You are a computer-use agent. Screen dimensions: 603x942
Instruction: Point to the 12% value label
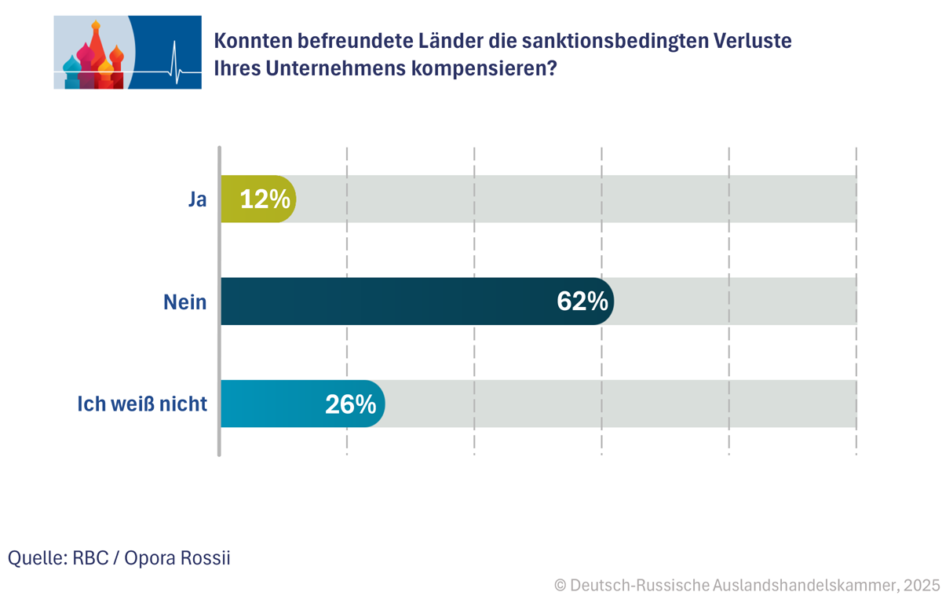click(x=265, y=199)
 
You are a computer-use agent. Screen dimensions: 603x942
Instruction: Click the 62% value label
click(x=582, y=301)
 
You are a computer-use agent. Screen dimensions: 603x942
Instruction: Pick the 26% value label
click(x=350, y=404)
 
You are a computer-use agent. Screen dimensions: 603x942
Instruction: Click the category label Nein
click(x=184, y=301)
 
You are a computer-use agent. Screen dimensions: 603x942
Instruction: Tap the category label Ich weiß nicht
click(x=142, y=404)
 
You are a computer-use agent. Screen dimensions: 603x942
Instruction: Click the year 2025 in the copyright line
click(x=921, y=585)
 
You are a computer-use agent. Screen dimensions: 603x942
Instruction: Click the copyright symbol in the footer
click(x=560, y=585)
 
